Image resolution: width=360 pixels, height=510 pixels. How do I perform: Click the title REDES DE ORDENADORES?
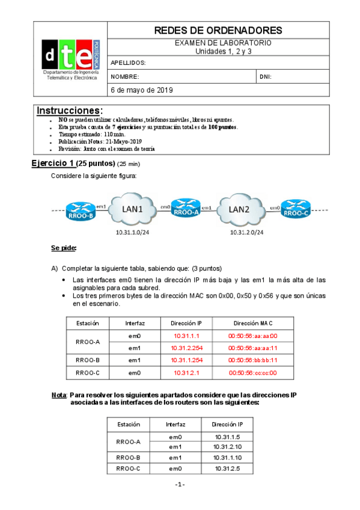point(218,30)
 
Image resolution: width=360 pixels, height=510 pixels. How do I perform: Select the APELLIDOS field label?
point(129,63)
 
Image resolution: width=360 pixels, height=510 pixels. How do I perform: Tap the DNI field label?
point(266,77)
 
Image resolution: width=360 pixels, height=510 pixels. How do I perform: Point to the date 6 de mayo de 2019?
point(142,90)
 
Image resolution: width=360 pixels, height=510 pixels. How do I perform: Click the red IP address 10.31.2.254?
point(189,348)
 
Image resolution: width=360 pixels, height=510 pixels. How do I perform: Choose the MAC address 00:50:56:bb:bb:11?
point(253,360)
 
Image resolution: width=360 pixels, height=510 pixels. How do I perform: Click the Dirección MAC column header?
point(253,323)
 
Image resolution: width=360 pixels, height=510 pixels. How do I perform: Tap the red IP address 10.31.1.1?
point(189,336)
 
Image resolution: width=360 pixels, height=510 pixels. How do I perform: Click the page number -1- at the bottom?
point(180,485)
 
